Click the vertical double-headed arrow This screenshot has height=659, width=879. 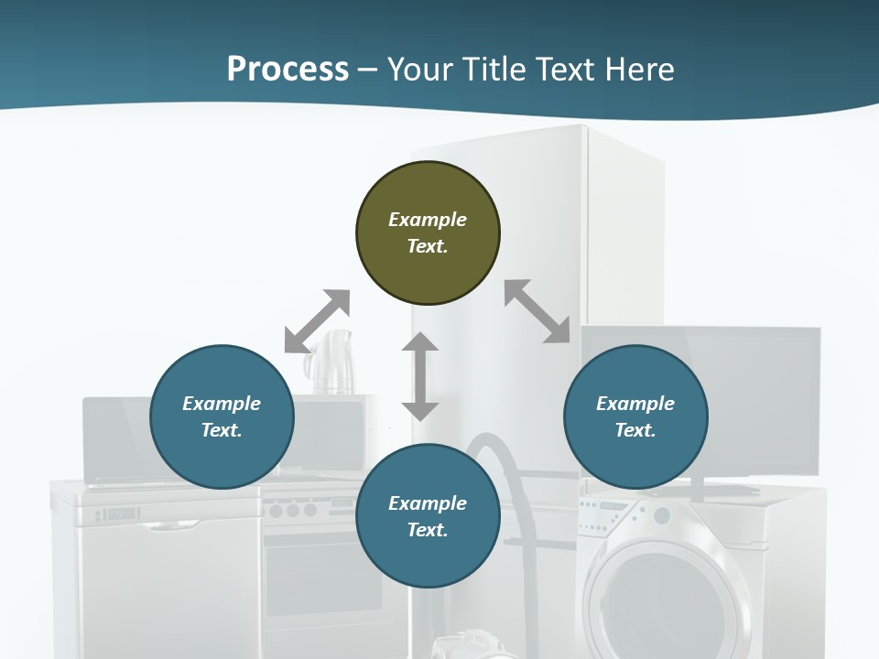click(420, 376)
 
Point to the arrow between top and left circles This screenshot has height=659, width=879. click(317, 321)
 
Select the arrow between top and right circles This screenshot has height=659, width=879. click(537, 311)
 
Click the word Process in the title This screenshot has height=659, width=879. click(288, 70)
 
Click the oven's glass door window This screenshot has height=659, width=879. click(320, 577)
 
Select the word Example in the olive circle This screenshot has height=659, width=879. click(428, 220)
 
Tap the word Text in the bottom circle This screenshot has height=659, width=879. click(428, 530)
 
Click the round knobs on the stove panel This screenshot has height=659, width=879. click(293, 510)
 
